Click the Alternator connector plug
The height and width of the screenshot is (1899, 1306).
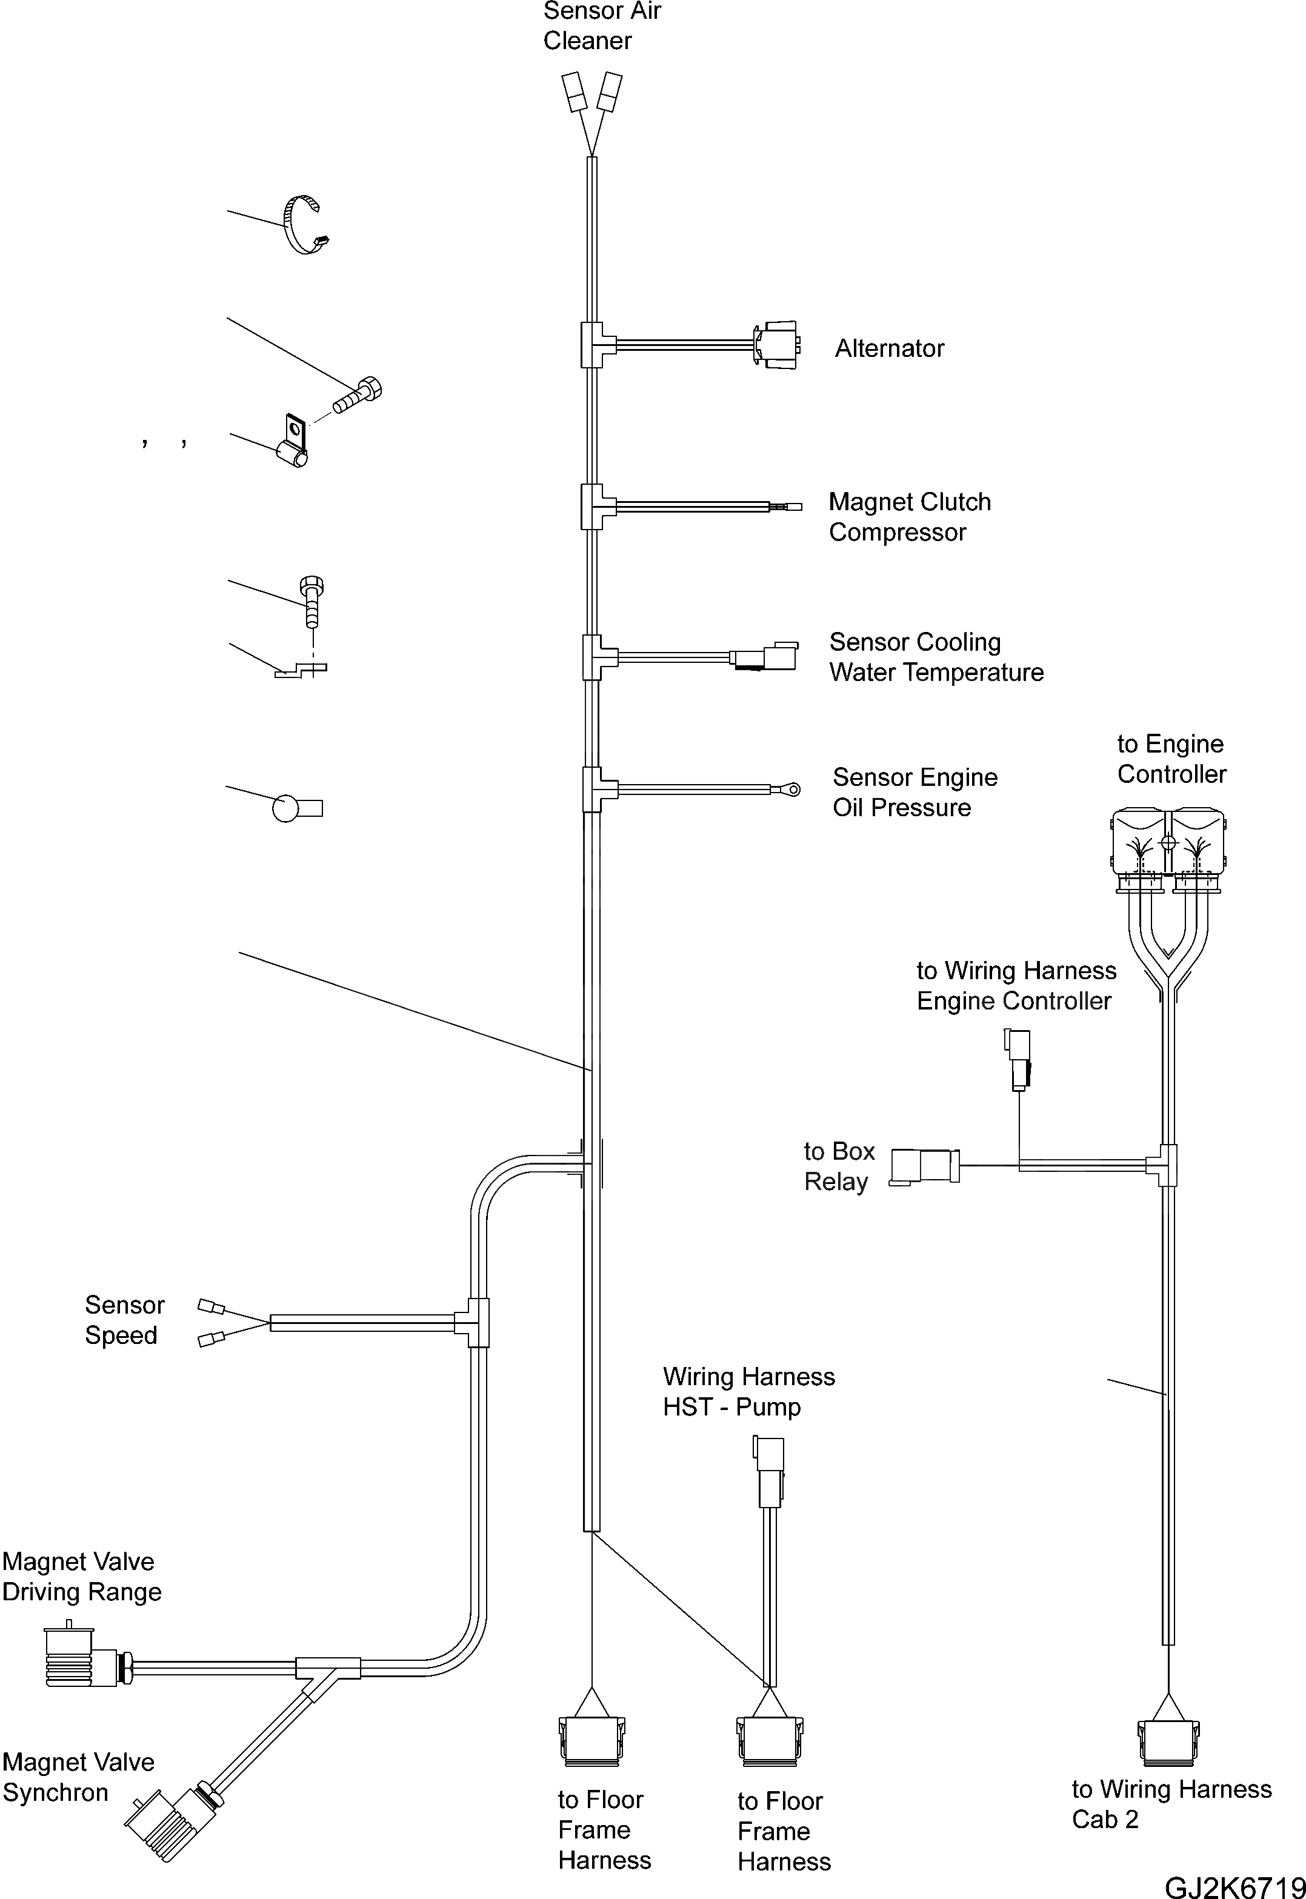click(x=776, y=342)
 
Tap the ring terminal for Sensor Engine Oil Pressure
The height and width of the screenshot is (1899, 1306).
click(x=791, y=790)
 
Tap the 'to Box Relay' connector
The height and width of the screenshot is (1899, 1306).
click(x=924, y=1165)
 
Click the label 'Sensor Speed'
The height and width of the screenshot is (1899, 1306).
click(x=124, y=1320)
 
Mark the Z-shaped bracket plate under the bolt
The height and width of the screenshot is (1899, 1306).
click(x=301, y=670)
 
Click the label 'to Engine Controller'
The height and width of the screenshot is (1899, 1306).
click(x=1171, y=759)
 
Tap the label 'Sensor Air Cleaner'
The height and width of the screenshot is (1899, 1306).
click(x=601, y=25)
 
